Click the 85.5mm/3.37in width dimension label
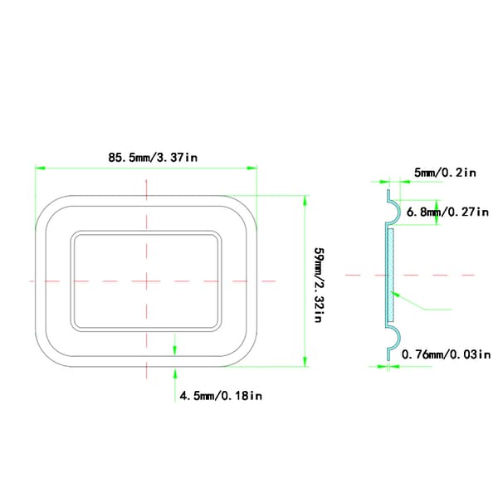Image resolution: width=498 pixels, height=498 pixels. point(153,158)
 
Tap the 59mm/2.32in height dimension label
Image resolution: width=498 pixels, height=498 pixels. point(320,285)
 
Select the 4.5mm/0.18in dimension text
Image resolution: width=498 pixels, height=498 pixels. point(221,396)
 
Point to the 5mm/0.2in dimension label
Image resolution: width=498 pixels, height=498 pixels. point(445,173)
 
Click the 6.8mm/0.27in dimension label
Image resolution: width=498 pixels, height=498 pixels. point(447,212)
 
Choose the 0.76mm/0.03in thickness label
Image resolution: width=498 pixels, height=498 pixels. point(447,354)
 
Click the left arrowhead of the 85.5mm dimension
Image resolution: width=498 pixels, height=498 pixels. point(40,168)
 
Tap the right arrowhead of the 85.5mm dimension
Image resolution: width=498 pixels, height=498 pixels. point(251,168)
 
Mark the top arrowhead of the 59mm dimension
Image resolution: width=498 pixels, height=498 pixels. point(305,201)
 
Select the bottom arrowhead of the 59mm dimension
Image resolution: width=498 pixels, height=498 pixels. point(305,361)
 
